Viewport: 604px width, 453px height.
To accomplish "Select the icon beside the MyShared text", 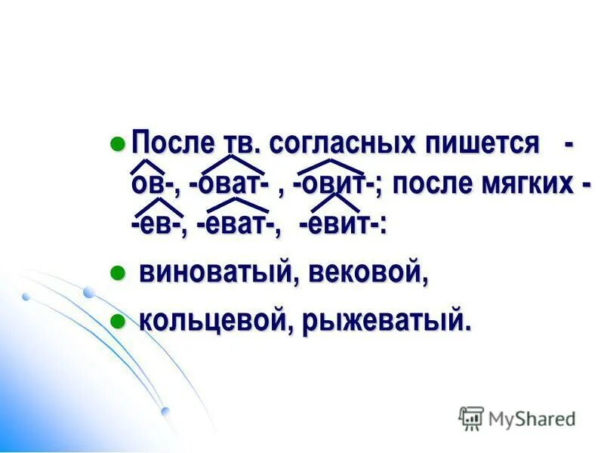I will pos(471,418).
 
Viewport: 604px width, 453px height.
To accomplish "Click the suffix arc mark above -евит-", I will pos(335,200).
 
